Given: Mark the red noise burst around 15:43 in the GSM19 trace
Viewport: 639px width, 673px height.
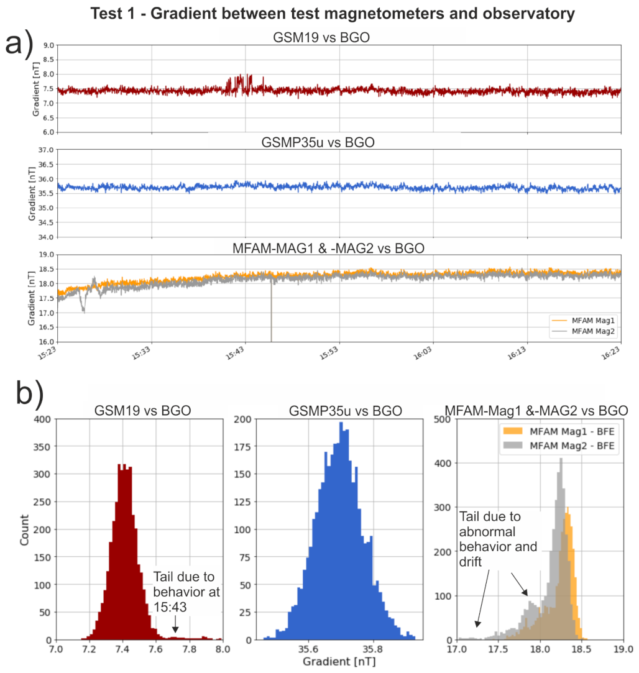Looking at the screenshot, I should (x=240, y=83).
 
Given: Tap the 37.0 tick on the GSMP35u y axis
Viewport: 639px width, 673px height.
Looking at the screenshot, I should (x=48, y=150).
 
